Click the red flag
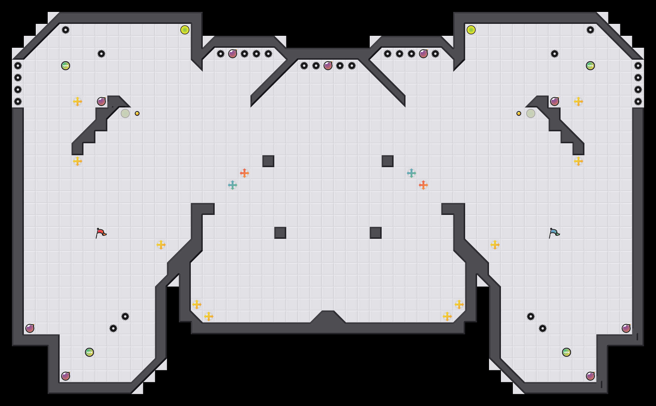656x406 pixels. point(101,233)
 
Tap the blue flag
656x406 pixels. point(554,233)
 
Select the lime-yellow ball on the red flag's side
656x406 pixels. point(185,30)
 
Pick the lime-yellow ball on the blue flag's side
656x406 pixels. point(471,30)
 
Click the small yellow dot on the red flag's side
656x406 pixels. point(137,113)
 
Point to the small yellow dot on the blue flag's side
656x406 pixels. point(519,113)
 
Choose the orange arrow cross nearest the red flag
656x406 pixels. point(245,173)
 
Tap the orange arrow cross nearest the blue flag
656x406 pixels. point(423,185)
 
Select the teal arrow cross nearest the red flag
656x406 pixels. point(233,185)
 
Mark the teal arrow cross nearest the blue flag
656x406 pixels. point(411,173)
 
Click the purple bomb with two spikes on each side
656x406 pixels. point(328,66)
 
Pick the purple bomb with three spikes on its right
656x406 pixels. point(233,54)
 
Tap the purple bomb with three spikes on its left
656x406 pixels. point(423,54)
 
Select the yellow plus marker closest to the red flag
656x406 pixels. point(161,245)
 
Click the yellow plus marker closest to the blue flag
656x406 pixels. point(495,245)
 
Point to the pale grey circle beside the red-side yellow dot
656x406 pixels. point(125,113)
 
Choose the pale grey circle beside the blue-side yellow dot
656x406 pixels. point(531,113)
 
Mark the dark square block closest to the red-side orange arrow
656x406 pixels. point(268,161)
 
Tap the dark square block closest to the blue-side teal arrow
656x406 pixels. point(388,161)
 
